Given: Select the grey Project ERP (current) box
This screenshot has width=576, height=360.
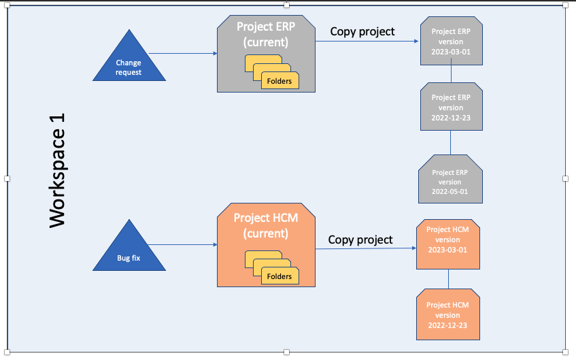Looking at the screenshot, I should coord(267,41).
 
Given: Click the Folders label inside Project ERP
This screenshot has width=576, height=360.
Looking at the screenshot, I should coord(279,81).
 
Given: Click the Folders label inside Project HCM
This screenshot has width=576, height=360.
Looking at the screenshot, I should coord(279,276).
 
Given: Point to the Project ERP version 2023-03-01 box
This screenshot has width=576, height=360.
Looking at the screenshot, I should coord(450,42).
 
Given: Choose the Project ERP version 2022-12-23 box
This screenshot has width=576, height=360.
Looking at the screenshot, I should coord(450,107).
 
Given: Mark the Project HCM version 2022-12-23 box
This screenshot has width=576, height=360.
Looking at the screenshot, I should coord(447,314).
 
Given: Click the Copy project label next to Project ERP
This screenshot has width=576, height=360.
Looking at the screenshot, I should coord(362,31).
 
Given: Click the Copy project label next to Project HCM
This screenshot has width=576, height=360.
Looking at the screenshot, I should coord(360,240).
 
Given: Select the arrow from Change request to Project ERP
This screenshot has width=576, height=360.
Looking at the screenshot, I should coord(182,53).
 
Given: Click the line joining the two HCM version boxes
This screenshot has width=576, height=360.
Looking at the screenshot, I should coord(448,280).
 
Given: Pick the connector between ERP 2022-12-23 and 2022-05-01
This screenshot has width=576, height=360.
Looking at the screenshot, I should coord(451,142).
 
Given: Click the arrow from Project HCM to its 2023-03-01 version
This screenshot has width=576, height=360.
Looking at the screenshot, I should coord(366,248).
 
